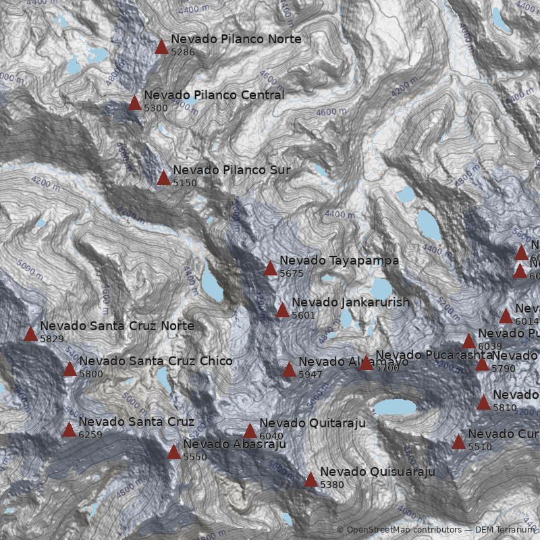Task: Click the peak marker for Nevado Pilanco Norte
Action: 161,47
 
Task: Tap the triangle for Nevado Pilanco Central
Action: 135,103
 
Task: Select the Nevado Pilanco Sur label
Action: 232,170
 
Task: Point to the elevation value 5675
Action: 292,273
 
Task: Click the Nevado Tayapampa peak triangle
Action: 271,269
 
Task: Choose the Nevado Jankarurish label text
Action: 350,302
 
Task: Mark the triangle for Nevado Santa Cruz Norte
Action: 30,334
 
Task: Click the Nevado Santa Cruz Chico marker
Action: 70,369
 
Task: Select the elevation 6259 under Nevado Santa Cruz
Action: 90,435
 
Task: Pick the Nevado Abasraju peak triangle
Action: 174,452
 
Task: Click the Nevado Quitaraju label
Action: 312,423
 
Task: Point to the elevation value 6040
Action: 271,436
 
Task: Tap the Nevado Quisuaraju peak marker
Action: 310,480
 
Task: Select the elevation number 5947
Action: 310,375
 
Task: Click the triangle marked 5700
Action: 366,363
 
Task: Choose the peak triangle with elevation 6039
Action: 469,342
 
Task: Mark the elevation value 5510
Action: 480,447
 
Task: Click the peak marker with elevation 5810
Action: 483,403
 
